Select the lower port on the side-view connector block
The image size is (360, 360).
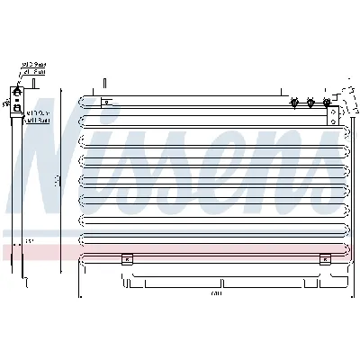click(x=17, y=108)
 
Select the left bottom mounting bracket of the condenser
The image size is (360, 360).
click(x=127, y=259)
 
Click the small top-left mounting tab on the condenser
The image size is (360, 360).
click(x=105, y=103)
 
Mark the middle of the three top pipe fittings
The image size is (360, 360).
click(x=310, y=103)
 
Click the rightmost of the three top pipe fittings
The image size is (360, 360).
click(x=325, y=103)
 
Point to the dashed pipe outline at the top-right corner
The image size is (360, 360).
click(x=344, y=94)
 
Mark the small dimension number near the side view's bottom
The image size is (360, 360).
click(x=28, y=241)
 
